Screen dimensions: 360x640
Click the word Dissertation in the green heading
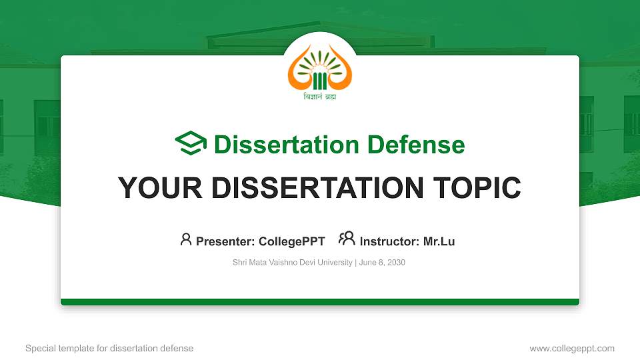click(279, 145)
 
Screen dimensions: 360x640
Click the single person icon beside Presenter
click(186, 239)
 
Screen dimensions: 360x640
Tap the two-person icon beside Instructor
click(347, 239)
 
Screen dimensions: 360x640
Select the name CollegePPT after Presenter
click(293, 241)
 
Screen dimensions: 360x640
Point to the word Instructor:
click(389, 241)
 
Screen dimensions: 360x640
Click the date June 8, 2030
click(382, 263)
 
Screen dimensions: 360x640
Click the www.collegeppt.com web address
click(571, 348)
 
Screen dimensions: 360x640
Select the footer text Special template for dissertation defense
click(109, 348)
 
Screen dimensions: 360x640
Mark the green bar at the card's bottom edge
click(320, 302)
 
